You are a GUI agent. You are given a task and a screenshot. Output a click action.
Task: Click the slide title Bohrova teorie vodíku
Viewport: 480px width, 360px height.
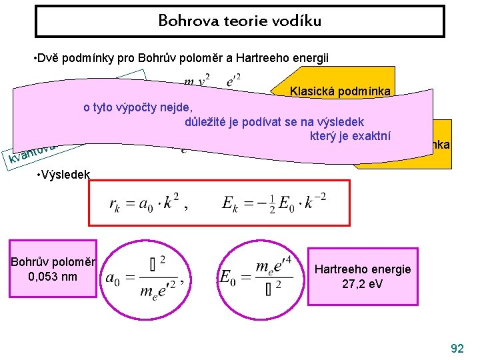coord(239,21)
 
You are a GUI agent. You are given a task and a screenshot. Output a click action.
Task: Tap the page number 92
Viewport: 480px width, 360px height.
coord(457,348)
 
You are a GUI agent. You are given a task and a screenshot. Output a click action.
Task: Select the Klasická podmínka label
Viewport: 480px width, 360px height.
coord(340,91)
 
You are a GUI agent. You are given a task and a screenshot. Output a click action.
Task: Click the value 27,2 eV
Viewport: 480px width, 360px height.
coord(363,284)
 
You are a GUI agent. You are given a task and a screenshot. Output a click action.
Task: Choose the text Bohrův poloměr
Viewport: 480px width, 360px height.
coord(53,261)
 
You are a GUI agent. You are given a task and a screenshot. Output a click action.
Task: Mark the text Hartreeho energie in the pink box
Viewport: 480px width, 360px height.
coord(363,269)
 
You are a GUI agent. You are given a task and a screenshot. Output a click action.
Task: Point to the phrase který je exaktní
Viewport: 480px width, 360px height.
coord(349,137)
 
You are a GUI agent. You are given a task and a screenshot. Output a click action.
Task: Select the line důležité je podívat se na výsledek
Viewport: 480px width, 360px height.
coord(273,122)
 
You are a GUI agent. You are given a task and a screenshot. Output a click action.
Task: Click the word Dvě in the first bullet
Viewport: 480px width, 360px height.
coord(48,58)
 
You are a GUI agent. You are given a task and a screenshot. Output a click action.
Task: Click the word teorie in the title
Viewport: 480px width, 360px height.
coord(236,21)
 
